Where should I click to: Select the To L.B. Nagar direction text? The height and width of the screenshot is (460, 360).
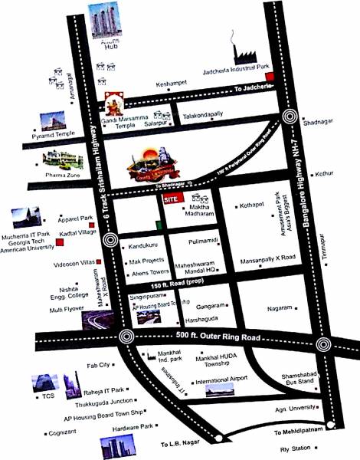(179, 444)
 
